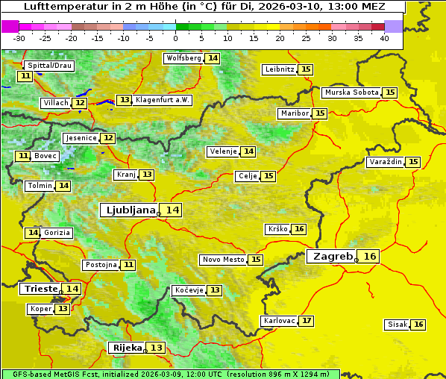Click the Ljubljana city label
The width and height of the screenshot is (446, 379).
pos(129,210)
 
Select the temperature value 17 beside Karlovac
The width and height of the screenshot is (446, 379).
pos(307,321)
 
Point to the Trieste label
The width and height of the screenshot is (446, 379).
pos(41,289)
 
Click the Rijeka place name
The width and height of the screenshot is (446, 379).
pos(126,348)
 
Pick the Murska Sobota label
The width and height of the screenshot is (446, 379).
pos(351,93)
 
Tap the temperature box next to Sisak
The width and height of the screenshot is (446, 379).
pos(418,325)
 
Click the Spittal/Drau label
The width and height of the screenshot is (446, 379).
pos(49,66)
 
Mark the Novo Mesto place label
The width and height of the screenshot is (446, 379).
pos(223,260)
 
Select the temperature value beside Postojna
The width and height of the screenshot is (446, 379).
pos(128,265)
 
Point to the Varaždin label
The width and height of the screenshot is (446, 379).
pos(385,162)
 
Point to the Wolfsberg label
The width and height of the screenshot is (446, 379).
pos(183,58)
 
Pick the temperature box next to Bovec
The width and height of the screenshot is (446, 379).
pos(23,156)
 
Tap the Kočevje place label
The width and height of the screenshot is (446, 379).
pos(188,290)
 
